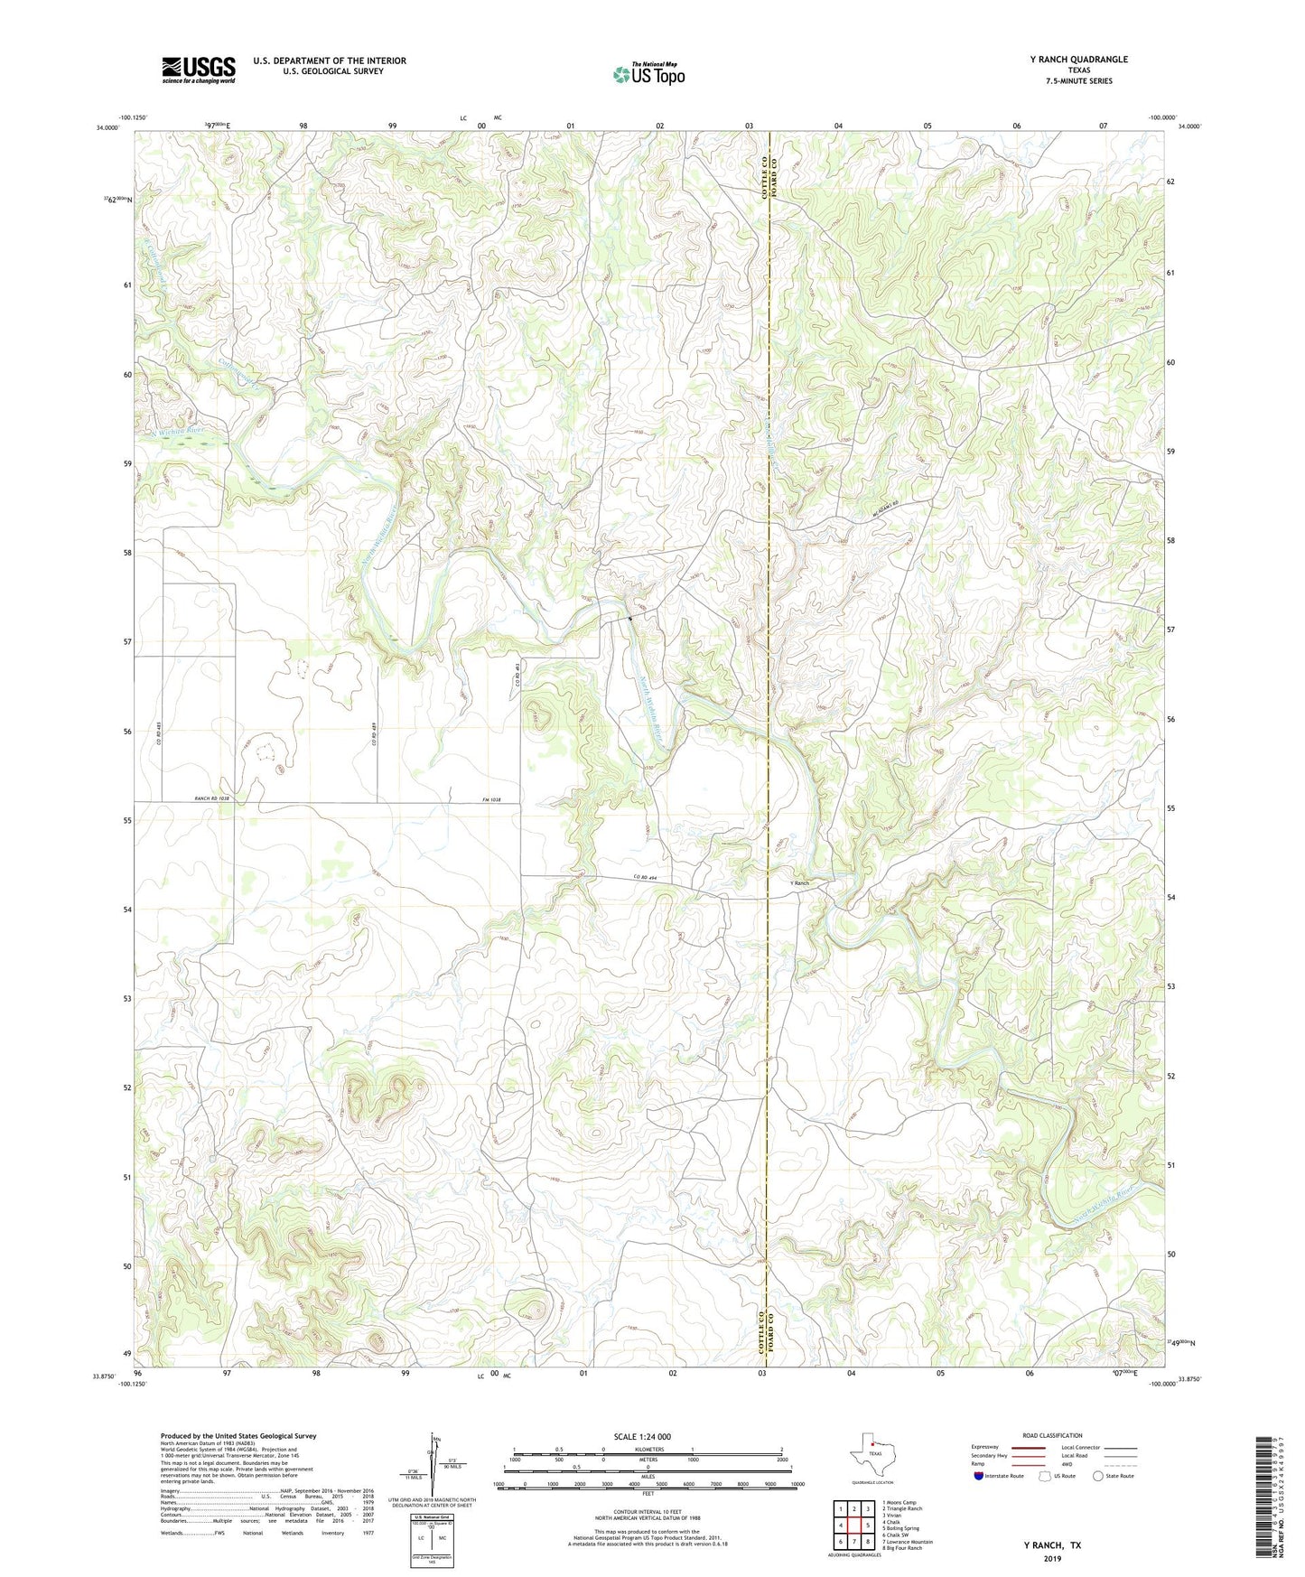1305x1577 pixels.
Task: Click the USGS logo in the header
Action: click(x=199, y=70)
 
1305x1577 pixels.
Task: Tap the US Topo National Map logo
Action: click(x=648, y=73)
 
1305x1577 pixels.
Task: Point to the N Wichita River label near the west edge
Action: click(x=182, y=433)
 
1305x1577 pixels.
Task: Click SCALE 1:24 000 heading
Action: click(x=642, y=1436)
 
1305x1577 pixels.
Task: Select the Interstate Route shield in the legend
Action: click(x=980, y=1476)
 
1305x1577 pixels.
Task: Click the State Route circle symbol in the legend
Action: click(x=1098, y=1476)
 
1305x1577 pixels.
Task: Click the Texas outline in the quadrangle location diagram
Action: click(x=870, y=1456)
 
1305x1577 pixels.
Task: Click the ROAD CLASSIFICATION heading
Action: click(x=1052, y=1435)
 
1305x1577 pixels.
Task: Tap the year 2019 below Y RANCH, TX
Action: click(x=1051, y=1558)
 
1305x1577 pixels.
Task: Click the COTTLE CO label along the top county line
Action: click(x=763, y=179)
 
